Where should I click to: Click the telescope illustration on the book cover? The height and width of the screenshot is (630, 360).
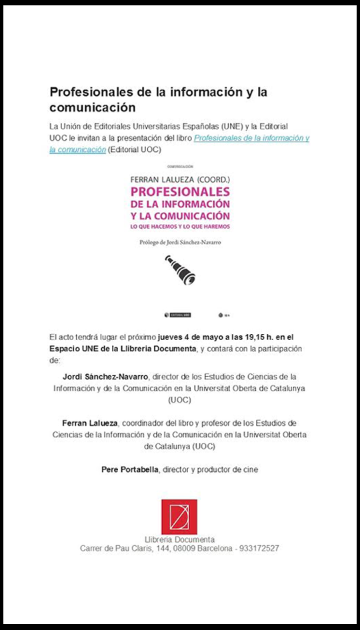[179, 270]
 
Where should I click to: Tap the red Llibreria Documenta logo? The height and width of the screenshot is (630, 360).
[179, 517]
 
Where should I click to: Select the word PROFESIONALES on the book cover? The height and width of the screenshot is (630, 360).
[180, 191]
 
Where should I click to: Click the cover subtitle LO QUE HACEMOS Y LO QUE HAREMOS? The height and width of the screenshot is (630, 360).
[179, 227]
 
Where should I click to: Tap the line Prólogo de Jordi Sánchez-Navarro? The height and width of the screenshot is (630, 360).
[180, 243]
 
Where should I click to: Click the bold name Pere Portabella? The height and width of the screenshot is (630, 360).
[129, 469]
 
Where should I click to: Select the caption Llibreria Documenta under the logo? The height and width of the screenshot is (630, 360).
[179, 539]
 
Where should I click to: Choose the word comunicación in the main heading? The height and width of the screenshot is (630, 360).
[93, 107]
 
